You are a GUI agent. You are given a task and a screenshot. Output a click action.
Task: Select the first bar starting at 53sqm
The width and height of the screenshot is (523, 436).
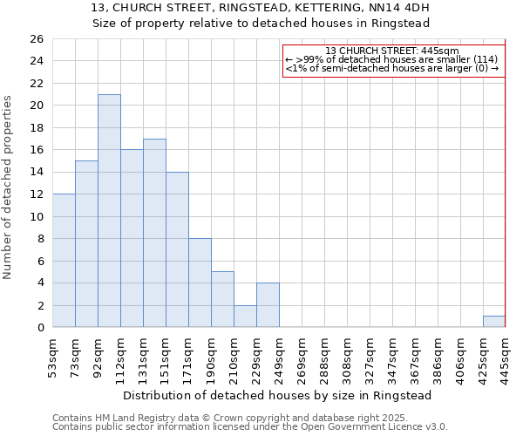[64, 261]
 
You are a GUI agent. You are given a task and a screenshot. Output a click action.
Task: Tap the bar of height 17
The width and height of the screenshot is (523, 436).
[154, 233]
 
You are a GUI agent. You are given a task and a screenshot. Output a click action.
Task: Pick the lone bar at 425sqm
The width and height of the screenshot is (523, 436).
[494, 322]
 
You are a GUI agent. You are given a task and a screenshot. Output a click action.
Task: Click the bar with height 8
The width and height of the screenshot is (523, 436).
[200, 283]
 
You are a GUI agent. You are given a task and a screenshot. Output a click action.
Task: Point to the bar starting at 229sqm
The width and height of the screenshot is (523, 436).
[268, 305]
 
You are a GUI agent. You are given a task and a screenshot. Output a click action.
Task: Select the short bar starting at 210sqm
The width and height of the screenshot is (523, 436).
[245, 317]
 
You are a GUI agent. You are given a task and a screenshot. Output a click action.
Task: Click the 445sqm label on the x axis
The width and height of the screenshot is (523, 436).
[506, 357]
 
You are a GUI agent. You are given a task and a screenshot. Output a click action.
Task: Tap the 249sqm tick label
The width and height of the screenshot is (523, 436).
[279, 357]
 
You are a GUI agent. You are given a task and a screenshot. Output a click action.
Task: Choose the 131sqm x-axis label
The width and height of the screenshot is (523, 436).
[143, 357]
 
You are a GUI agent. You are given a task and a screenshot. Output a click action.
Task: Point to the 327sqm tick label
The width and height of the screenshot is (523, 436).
[370, 357]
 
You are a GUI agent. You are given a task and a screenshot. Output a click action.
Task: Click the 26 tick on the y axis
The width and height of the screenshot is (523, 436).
[36, 39]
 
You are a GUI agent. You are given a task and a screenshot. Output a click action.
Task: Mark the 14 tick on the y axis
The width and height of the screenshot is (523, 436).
[36, 173]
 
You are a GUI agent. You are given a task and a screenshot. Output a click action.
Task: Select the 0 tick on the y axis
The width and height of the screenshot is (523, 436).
[39, 328]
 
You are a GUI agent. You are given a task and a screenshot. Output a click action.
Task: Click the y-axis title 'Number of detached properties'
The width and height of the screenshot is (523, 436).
[9, 187]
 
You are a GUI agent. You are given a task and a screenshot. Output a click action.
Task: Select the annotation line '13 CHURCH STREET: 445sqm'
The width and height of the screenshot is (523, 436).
[391, 51]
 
